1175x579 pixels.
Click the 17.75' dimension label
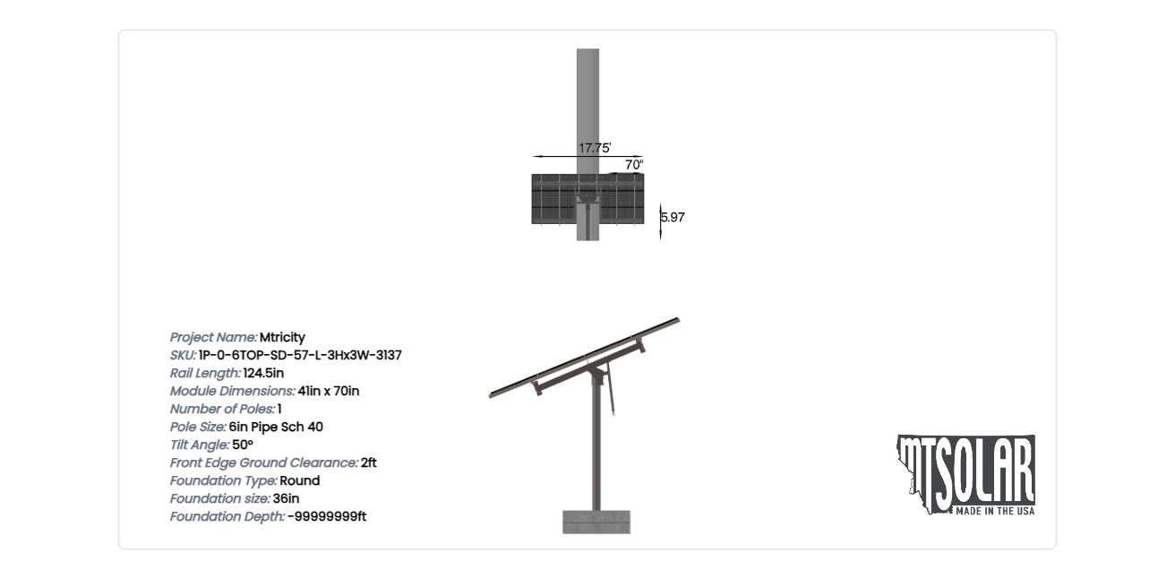pos(595,148)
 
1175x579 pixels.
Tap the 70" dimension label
pos(634,165)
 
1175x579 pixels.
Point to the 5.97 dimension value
pos(673,217)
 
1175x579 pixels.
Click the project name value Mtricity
pos(282,338)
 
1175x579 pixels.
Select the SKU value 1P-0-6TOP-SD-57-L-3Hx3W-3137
pos(300,356)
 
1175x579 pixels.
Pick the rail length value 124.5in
pos(263,373)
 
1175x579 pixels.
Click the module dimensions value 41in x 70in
pos(329,391)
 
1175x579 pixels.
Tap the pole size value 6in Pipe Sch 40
pos(276,428)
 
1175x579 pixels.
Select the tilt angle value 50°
pos(243,445)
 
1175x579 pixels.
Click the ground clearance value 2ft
pos(368,463)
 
